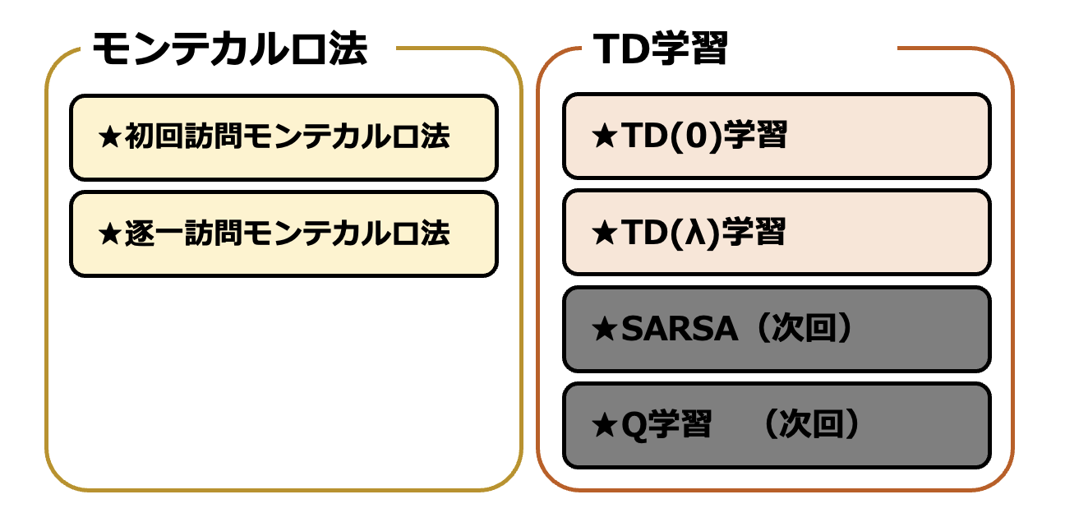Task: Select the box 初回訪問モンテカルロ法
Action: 284,137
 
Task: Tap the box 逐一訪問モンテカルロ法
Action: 284,234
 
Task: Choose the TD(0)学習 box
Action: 777,136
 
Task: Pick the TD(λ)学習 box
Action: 777,233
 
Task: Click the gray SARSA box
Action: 777,329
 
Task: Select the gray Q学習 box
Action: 777,426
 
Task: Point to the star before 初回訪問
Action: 110,137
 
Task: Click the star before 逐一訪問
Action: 110,234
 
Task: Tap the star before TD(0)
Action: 605,136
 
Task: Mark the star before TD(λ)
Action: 605,233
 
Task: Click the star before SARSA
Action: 605,329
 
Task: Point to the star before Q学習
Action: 605,425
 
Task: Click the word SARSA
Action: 680,329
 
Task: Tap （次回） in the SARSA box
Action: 805,328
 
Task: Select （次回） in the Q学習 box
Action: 812,424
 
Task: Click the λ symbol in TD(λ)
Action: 695,233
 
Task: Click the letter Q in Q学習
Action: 634,426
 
